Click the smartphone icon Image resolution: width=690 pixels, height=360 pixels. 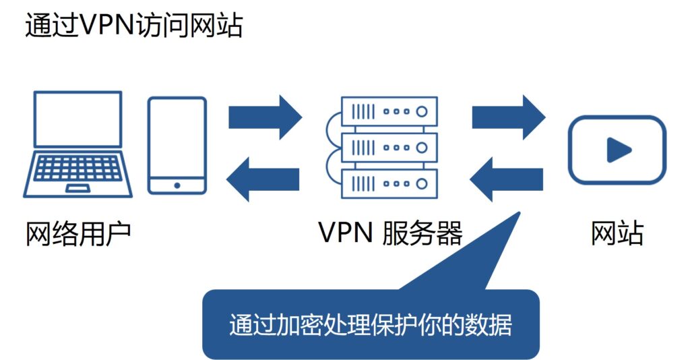[177, 146]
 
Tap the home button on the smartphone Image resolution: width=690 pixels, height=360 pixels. [177, 185]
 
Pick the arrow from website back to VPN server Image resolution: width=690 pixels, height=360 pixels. [506, 179]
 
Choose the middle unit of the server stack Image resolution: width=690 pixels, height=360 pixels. [389, 146]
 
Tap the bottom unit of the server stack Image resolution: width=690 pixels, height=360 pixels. [389, 183]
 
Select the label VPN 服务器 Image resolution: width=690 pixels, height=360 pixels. [390, 233]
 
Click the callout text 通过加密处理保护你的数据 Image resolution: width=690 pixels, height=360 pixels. [371, 325]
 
